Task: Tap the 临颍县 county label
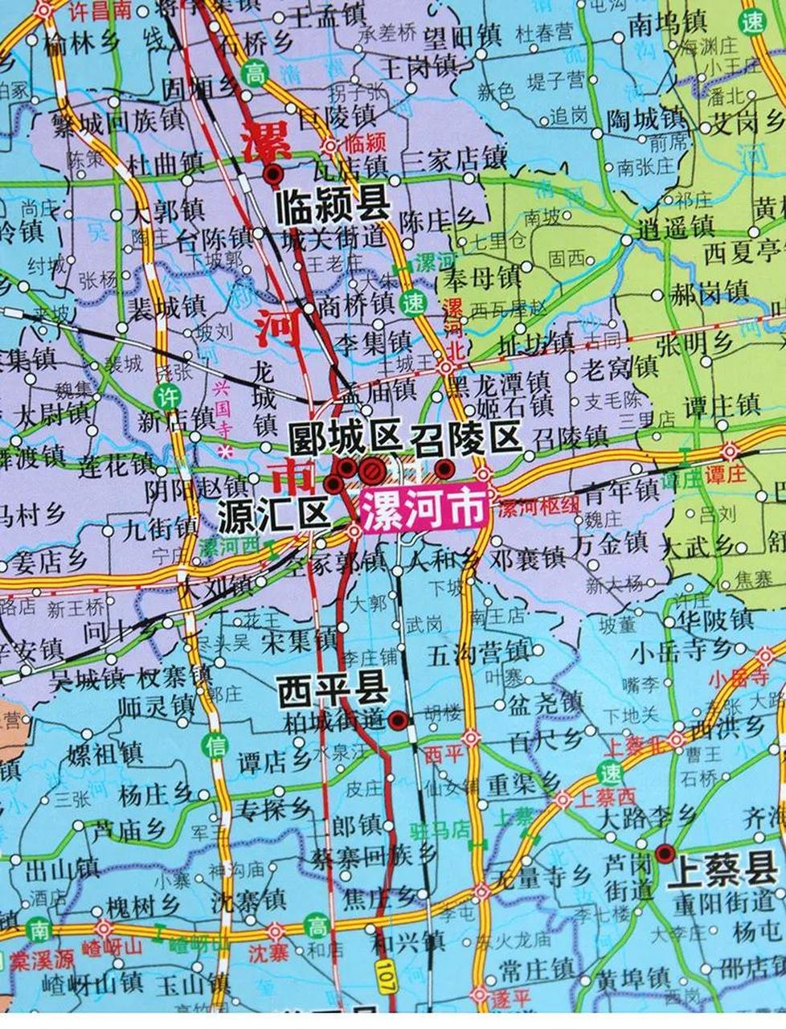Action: [x=331, y=207]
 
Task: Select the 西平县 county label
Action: [x=333, y=691]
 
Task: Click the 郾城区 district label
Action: [x=345, y=439]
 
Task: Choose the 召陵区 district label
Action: [x=465, y=439]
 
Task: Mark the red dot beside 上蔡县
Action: [x=665, y=853]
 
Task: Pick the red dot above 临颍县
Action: [x=274, y=171]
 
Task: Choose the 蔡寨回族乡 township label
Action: [x=374, y=855]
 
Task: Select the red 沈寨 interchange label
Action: [x=268, y=953]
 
